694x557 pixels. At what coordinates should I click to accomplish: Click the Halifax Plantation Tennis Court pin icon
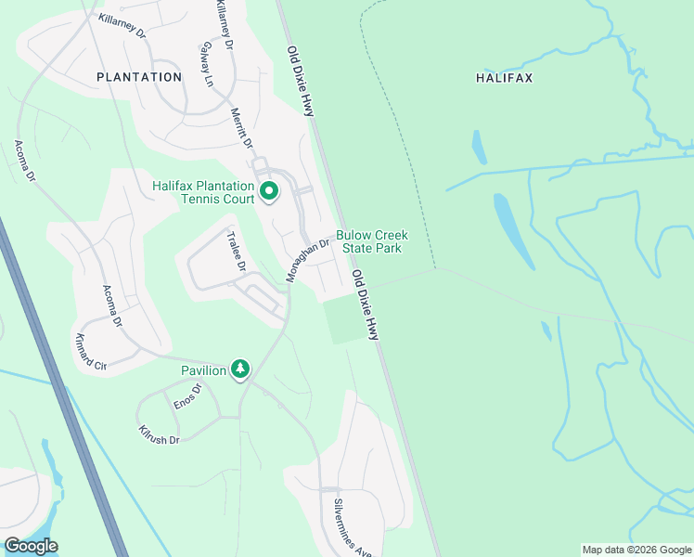point(270,192)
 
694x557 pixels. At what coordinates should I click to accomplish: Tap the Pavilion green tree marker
point(240,369)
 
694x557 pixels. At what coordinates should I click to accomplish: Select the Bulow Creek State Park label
point(371,242)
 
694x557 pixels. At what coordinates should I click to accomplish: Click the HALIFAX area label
point(504,79)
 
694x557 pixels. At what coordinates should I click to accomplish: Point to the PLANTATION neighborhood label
point(139,77)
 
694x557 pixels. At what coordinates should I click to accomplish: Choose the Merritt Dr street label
point(241,127)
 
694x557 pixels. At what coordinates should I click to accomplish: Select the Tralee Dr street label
point(236,252)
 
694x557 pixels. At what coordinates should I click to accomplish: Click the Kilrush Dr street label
point(158,434)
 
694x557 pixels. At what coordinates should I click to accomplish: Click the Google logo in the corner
point(31,546)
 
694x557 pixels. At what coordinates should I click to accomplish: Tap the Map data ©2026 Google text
point(636,550)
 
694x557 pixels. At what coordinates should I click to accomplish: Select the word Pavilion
point(204,370)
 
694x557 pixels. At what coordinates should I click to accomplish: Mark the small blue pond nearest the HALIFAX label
point(479,147)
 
